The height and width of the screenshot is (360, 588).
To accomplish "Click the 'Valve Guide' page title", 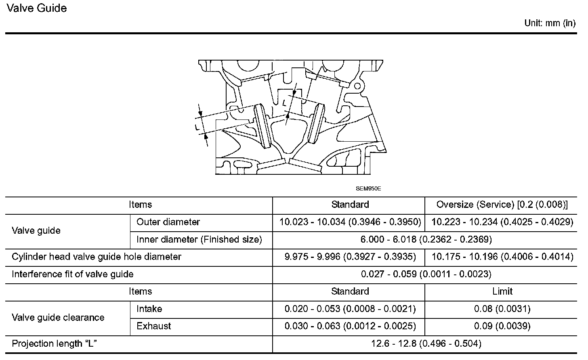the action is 37,8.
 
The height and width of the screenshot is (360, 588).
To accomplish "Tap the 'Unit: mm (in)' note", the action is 550,23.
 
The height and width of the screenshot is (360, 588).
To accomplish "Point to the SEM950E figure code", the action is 368,188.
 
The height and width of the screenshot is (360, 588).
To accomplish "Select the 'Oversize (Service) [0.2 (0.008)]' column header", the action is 502,205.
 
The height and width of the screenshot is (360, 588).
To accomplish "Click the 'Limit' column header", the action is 502,291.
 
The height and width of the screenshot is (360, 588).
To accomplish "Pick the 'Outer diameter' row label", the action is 168,222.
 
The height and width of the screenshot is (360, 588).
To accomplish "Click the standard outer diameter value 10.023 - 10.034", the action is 350,222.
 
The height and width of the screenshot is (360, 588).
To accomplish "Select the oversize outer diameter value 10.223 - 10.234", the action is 502,222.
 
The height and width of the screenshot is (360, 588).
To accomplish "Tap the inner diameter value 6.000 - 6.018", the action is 426,240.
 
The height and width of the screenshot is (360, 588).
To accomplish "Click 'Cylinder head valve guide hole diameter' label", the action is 97,257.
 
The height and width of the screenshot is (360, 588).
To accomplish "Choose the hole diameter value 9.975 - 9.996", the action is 350,257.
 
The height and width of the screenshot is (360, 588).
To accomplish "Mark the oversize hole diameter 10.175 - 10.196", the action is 502,257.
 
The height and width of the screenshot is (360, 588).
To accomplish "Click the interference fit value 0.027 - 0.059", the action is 426,274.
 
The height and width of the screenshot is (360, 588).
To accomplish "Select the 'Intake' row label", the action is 149,309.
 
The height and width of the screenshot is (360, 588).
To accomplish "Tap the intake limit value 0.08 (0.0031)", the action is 502,309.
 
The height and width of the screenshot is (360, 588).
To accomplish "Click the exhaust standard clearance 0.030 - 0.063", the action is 350,326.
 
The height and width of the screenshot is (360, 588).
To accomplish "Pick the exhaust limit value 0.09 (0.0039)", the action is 502,326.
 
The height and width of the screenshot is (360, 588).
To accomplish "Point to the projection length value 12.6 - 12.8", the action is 426,344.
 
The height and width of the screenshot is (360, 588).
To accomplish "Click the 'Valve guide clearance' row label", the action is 58,318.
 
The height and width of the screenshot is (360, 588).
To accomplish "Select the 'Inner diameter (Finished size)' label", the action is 199,240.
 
